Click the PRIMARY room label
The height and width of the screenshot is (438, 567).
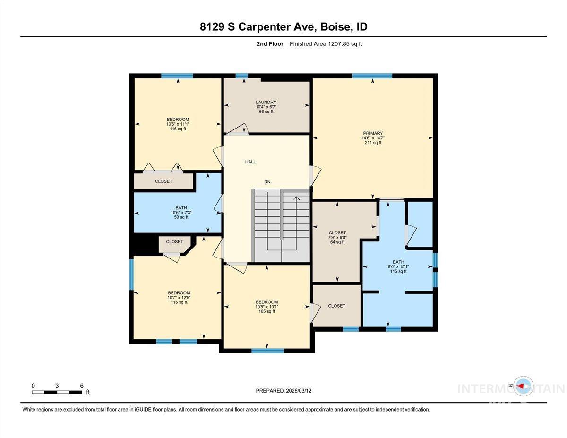click(373, 133)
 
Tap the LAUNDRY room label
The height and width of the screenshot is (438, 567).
click(266, 103)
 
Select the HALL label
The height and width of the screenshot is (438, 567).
click(250, 162)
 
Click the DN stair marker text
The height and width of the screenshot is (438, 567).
click(267, 182)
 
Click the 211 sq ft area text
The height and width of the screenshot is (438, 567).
click(373, 143)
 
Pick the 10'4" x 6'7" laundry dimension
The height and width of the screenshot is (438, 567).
click(266, 107)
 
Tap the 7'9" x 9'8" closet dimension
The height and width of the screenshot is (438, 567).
click(337, 237)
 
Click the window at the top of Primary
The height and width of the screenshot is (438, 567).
click(372, 76)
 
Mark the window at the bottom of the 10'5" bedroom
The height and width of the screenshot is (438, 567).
click(267, 351)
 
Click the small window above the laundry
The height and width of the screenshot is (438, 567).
click(242, 76)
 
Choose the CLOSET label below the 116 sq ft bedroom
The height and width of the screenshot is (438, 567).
click(163, 181)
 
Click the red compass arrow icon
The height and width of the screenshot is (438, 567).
click(521, 386)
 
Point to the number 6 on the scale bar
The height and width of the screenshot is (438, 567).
click(82, 386)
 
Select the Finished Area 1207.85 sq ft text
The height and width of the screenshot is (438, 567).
click(326, 44)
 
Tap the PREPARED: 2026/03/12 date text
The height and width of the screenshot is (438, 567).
click(283, 391)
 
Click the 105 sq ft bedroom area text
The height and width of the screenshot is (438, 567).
click(267, 311)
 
